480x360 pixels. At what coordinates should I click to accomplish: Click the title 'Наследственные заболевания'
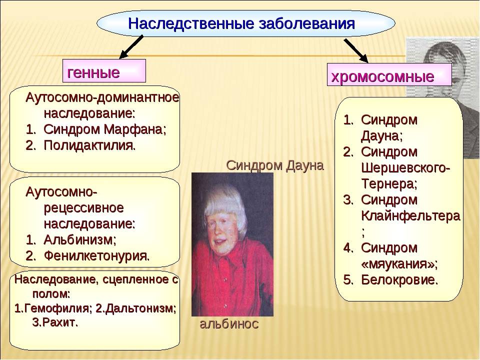pyautogui.click(x=241, y=23)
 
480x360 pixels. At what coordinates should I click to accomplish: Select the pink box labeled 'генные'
pyautogui.click(x=104, y=70)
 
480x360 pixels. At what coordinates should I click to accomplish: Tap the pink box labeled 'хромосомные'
pyautogui.click(x=389, y=74)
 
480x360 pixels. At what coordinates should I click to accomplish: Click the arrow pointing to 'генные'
pyautogui.click(x=131, y=47)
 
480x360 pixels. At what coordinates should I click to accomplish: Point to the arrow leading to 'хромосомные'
pyautogui.click(x=355, y=50)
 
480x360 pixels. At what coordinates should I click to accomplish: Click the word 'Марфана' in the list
pyautogui.click(x=135, y=129)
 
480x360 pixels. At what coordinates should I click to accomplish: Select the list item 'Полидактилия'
pyautogui.click(x=89, y=145)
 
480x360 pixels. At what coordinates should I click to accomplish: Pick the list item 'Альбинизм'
pyautogui.click(x=79, y=239)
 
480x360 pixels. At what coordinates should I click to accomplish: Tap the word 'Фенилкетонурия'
pyautogui.click(x=96, y=255)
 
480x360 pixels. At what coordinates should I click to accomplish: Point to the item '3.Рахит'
pyautogui.click(x=55, y=322)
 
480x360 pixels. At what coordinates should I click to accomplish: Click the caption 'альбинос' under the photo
pyautogui.click(x=229, y=324)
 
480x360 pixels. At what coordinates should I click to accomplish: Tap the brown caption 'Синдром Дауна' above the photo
pyautogui.click(x=275, y=165)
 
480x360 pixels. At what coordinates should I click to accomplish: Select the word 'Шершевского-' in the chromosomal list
pyautogui.click(x=405, y=168)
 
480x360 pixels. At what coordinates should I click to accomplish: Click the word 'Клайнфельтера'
pyautogui.click(x=410, y=216)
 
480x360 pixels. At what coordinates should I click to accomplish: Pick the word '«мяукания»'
pyautogui.click(x=399, y=264)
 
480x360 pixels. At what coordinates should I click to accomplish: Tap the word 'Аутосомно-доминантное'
pyautogui.click(x=102, y=97)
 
